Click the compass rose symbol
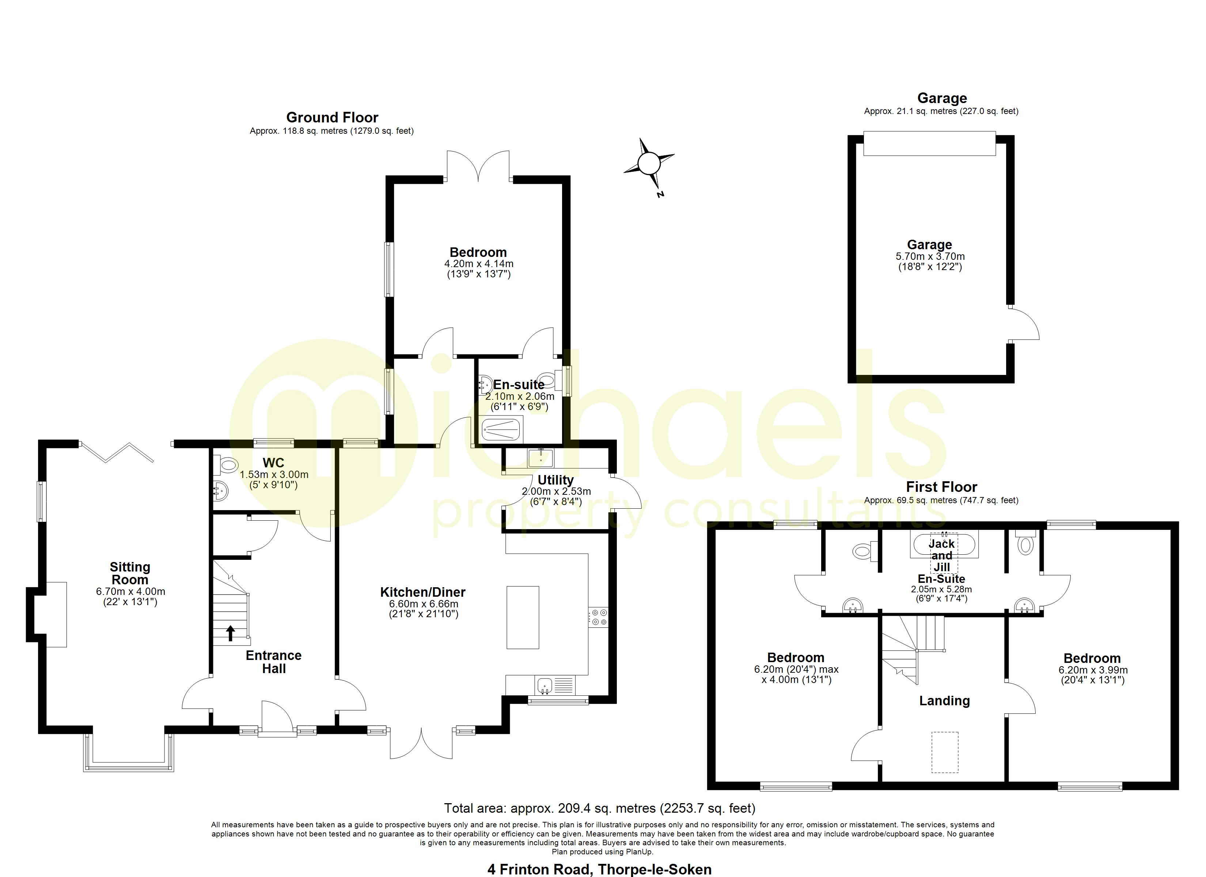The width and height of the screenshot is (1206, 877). point(649,163)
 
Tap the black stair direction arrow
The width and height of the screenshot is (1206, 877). point(230,633)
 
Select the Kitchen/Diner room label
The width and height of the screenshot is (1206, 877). point(423,592)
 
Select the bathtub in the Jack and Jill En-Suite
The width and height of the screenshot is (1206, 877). point(944,544)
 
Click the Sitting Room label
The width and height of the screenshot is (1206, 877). point(130,573)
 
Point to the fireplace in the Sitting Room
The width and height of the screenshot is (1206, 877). point(56,614)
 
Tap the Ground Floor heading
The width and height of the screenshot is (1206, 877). point(332,118)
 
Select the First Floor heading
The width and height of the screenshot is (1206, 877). point(941,487)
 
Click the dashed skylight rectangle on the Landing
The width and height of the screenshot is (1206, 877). point(945,752)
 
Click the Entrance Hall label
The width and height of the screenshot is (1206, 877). point(273,662)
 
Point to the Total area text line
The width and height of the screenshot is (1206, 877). point(599,808)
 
